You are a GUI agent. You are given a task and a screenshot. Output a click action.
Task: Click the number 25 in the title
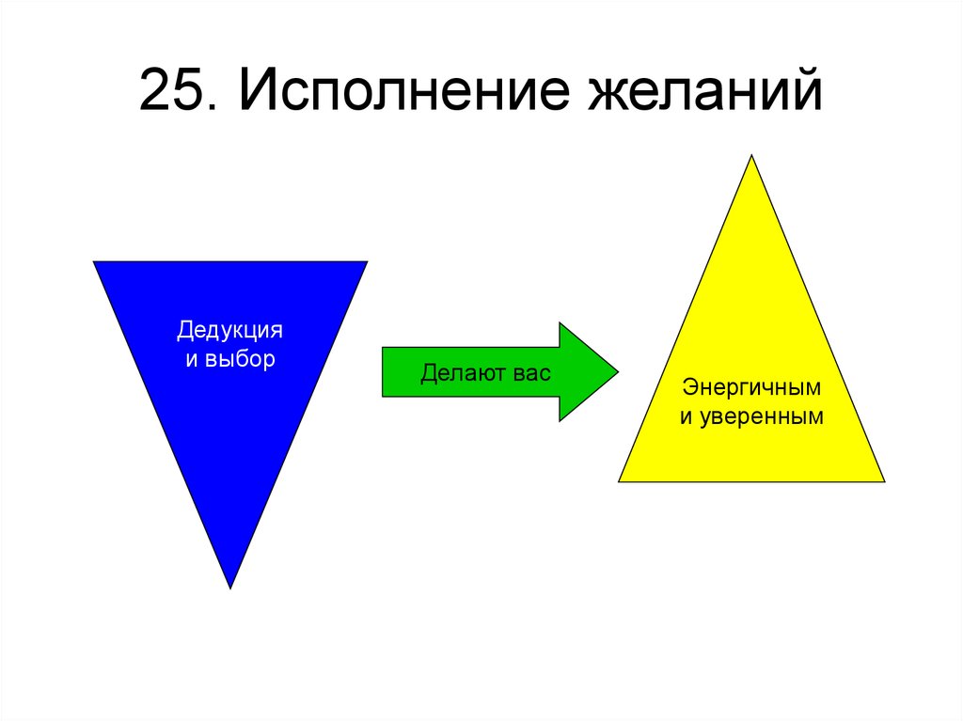(x=172, y=93)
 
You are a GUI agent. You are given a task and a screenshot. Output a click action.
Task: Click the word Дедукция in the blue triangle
(x=230, y=331)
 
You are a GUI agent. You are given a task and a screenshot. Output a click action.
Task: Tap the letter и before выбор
(x=191, y=359)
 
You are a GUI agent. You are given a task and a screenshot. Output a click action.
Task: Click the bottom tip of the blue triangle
(x=230, y=587)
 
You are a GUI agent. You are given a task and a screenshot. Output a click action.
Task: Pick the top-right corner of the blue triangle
(x=365, y=263)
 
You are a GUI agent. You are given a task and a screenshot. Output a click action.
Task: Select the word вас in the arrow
(x=530, y=372)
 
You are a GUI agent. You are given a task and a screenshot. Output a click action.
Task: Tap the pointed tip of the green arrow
(x=617, y=371)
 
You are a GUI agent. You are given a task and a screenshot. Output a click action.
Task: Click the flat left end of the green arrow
(x=384, y=371)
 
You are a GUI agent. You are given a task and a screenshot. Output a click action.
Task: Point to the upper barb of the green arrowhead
(x=560, y=325)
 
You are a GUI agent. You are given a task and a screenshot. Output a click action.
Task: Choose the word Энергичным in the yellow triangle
(x=751, y=387)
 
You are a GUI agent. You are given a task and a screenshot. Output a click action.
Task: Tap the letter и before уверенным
(x=686, y=415)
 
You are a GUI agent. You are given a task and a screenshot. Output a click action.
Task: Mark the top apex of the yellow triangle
(x=751, y=156)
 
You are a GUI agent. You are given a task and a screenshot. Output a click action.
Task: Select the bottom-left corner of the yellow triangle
(x=621, y=479)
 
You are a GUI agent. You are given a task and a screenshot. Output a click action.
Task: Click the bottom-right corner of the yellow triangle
(x=882, y=479)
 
